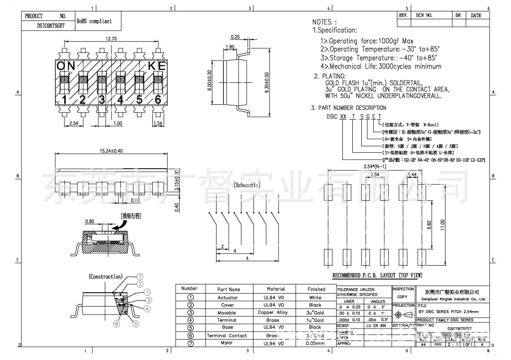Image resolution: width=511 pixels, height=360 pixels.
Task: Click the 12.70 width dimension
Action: (111, 39)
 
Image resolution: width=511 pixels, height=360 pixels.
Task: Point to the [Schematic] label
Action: (248, 184)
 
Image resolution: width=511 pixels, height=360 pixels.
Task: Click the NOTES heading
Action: (324, 22)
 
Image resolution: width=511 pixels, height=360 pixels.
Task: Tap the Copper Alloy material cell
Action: (276, 313)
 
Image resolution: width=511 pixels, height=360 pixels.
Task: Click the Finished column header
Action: (316, 289)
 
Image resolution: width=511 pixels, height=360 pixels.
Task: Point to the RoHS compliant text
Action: (94, 21)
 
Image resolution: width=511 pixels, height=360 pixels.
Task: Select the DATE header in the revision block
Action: (476, 15)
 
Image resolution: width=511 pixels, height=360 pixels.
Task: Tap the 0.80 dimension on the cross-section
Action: (90, 221)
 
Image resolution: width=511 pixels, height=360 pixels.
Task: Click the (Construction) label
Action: (105, 276)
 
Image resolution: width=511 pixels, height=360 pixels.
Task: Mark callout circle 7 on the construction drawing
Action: (140, 276)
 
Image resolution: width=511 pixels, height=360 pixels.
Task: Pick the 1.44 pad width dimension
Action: (413, 174)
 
